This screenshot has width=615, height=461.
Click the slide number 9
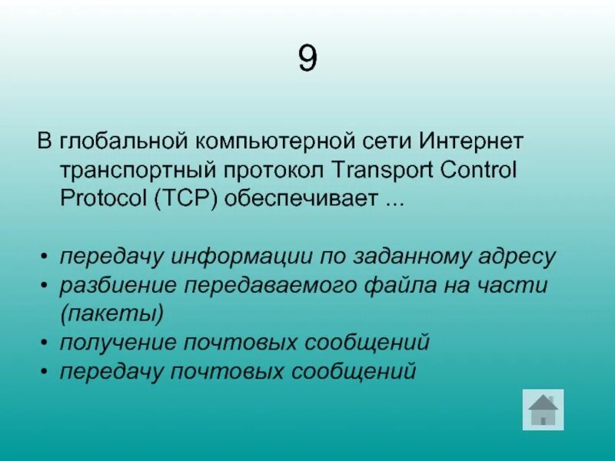click(307, 59)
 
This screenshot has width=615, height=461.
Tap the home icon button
click(543, 409)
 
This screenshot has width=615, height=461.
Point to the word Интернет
click(472, 142)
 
